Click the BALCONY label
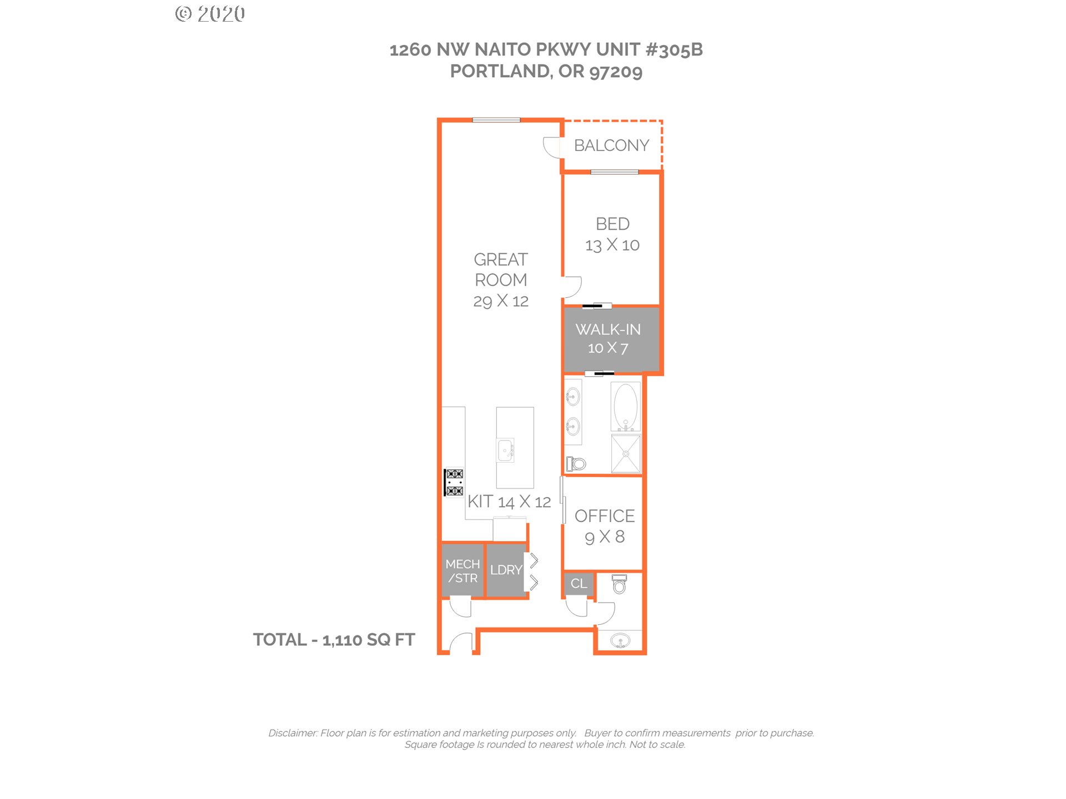pyautogui.click(x=611, y=145)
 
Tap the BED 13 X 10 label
pyautogui.click(x=612, y=234)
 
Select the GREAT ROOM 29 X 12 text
pyautogui.click(x=501, y=280)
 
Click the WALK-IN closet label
pyautogui.click(x=608, y=338)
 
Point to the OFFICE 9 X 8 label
pyautogui.click(x=605, y=527)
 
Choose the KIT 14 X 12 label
pyautogui.click(x=509, y=502)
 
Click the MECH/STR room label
pyautogui.click(x=462, y=571)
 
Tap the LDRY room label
pyautogui.click(x=506, y=570)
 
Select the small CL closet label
pyautogui.click(x=579, y=584)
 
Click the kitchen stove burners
pyautogui.click(x=454, y=482)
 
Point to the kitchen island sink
pyautogui.click(x=505, y=450)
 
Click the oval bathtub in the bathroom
pyautogui.click(x=626, y=407)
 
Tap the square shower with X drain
pyautogui.click(x=626, y=454)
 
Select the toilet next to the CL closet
pyautogui.click(x=619, y=584)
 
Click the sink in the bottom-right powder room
pyautogui.click(x=620, y=641)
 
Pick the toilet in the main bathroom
pyautogui.click(x=576, y=463)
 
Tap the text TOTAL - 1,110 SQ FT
pyautogui.click(x=334, y=640)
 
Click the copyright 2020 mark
pyautogui.click(x=210, y=13)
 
